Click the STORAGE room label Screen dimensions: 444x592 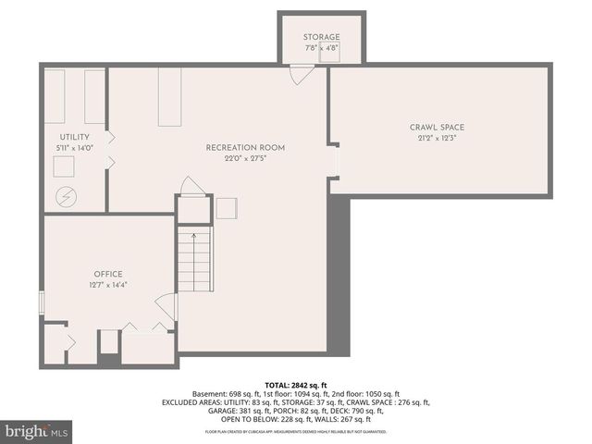[x=322, y=37]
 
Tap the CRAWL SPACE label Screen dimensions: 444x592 [x=438, y=127]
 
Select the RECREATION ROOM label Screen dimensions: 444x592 [x=245, y=147]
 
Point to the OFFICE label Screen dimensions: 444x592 [x=107, y=274]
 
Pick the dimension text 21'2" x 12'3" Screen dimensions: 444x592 [x=438, y=138]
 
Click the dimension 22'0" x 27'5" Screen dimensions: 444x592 [x=245, y=158]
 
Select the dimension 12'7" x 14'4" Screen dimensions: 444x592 [x=107, y=285]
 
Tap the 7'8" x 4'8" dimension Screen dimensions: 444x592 [x=322, y=47]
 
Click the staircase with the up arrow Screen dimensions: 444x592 [x=194, y=261]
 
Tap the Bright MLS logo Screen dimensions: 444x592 [x=37, y=431]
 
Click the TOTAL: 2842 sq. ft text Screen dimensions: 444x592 [x=295, y=384]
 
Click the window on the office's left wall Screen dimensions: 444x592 [x=41, y=303]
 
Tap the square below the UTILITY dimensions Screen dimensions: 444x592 [x=65, y=166]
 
